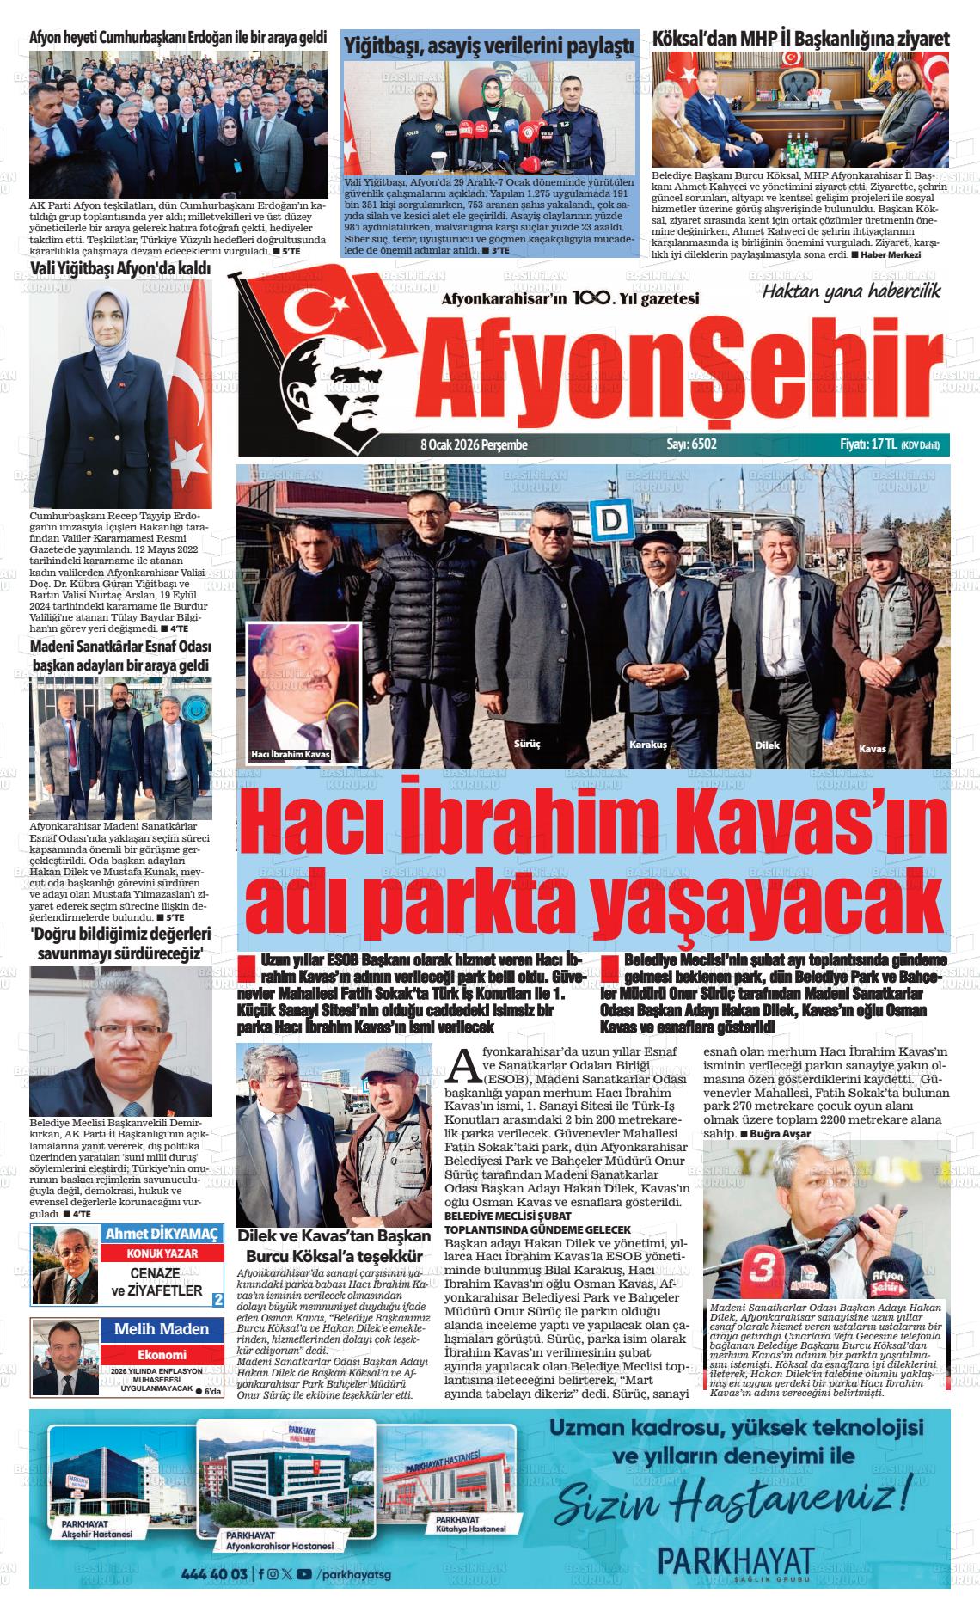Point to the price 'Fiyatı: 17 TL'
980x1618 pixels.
pyautogui.click(x=869, y=445)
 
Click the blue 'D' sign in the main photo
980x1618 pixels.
pyautogui.click(x=613, y=521)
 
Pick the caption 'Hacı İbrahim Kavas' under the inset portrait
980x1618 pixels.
pyautogui.click(x=291, y=755)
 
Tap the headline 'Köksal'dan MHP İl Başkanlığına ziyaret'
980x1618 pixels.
pyautogui.click(x=801, y=39)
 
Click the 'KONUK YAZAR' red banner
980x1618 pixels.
pyautogui.click(x=151, y=1253)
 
